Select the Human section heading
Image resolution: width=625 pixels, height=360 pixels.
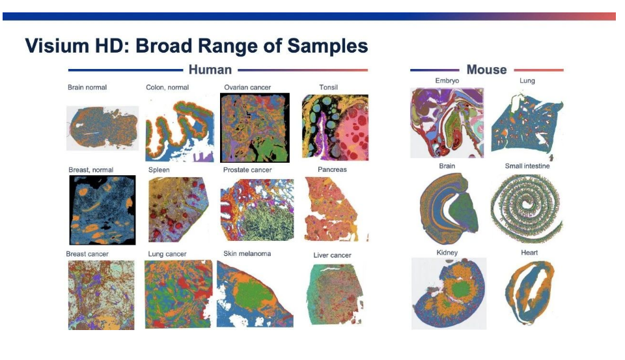pos(210,70)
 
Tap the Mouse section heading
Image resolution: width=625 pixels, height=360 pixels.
pos(486,70)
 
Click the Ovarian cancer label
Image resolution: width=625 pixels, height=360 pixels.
pos(247,87)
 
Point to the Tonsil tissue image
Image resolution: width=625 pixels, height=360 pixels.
pos(335,128)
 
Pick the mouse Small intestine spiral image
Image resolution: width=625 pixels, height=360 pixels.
pos(527,208)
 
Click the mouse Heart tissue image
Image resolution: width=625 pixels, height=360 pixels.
pos(530,292)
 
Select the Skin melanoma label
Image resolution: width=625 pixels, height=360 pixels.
pos(247,253)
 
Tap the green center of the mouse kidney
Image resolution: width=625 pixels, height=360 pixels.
pos(460,288)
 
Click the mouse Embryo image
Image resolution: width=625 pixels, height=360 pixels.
pos(447,123)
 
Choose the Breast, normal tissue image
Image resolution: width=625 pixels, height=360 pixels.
pos(102,210)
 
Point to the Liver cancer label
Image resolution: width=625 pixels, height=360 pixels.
pos(332,255)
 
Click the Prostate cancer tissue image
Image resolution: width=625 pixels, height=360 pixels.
pos(257,210)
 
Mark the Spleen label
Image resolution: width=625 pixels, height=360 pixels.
pos(159,170)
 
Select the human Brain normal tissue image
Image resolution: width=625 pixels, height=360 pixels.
pos(102,128)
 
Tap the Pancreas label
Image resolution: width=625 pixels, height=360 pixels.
pos(332,169)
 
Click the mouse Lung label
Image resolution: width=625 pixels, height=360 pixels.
pos(527,81)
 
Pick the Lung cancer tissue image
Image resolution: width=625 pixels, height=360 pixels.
pos(178,294)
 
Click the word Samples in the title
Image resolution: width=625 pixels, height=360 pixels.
pos(327,46)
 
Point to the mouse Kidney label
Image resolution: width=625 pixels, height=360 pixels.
pos(447,253)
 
